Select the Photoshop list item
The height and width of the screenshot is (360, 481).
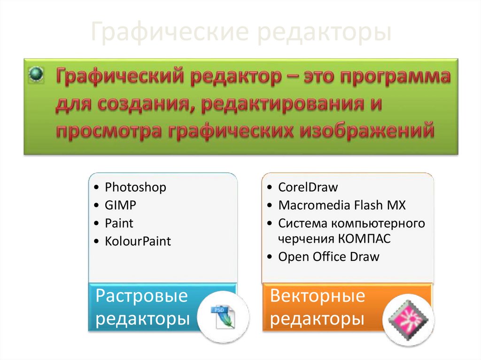135,187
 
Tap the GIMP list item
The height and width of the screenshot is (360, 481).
121,205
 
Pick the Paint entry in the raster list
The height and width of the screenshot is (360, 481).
119,223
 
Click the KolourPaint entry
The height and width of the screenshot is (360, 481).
138,241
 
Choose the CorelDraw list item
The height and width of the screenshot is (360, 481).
308,187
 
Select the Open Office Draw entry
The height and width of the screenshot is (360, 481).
328,257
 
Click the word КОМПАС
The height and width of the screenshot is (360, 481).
364,238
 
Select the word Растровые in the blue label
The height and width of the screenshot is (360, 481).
141,296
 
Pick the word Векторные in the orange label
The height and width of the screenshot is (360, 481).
318,296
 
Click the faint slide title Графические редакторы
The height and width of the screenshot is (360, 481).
240,33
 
